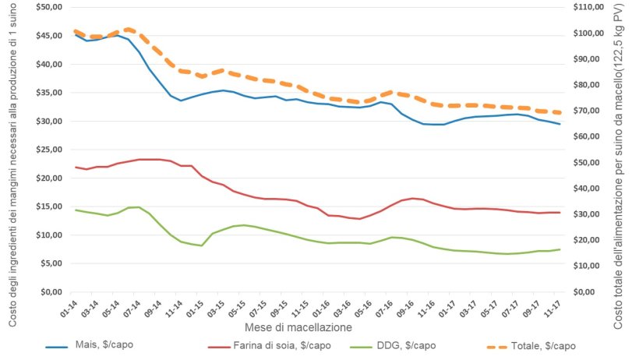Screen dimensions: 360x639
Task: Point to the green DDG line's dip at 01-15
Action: point(202,245)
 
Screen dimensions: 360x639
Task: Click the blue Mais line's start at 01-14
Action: point(76,34)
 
